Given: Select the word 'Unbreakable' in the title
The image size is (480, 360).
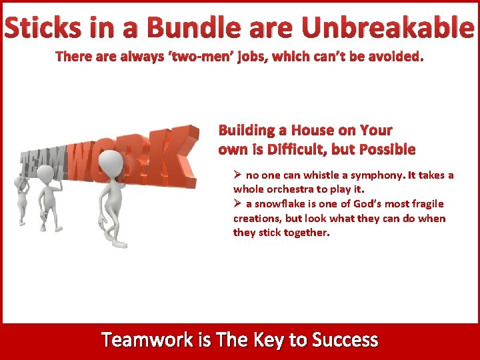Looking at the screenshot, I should point(388,29).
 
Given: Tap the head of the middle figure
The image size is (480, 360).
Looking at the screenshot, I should point(45,173).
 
